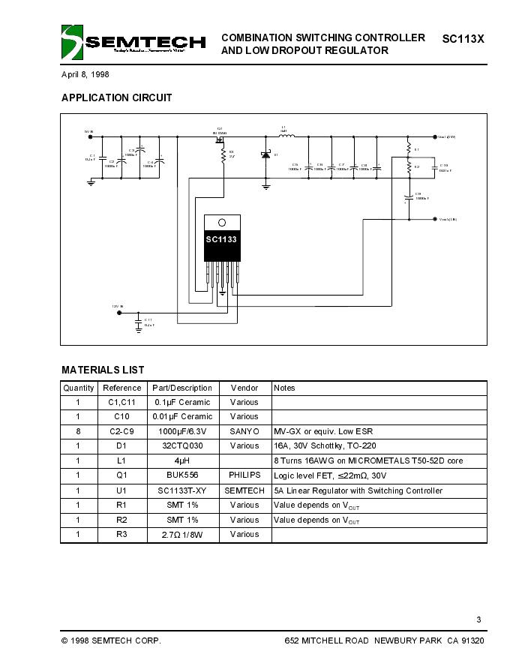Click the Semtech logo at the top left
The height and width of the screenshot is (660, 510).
[x=133, y=43]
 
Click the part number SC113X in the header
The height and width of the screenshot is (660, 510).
[x=463, y=37]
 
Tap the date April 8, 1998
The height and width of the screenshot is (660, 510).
[x=85, y=75]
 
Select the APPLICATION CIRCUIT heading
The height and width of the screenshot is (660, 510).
[x=116, y=97]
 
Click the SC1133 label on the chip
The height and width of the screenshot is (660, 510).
[x=222, y=239]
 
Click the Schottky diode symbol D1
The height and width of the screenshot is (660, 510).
[x=265, y=154]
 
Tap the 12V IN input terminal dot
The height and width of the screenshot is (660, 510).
[x=118, y=313]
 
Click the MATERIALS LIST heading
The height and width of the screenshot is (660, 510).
[x=103, y=370]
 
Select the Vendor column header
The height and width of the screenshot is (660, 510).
[x=244, y=388]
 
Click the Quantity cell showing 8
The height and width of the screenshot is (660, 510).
[x=78, y=432]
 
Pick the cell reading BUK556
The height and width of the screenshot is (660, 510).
[x=182, y=475]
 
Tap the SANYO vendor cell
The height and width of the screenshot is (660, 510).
[x=244, y=432]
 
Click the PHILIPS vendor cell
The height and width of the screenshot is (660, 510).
[x=244, y=475]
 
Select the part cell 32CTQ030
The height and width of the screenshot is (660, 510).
[x=182, y=446]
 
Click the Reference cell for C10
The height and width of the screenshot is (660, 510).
[x=121, y=417]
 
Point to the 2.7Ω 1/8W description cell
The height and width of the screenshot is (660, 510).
[x=182, y=534]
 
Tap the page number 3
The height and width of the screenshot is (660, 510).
[x=478, y=619]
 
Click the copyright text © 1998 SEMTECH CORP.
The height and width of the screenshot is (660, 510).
[x=111, y=641]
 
